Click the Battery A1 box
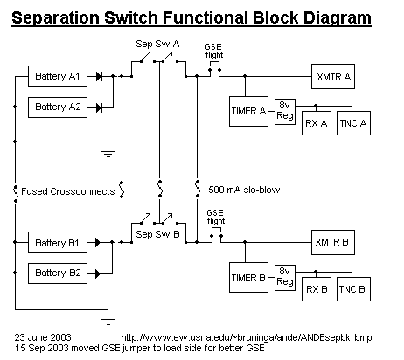(x=58, y=76)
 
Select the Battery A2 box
(x=58, y=107)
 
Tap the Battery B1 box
(x=58, y=242)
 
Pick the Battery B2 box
(x=58, y=273)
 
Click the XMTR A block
(x=333, y=76)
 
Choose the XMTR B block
(x=333, y=242)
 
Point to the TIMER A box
(x=248, y=111)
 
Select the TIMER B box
(x=248, y=277)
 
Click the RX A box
(x=317, y=123)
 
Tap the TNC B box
(x=353, y=289)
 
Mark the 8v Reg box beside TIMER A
(x=285, y=112)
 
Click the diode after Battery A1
(x=99, y=76)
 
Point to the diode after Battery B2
(x=99, y=273)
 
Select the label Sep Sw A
(x=157, y=44)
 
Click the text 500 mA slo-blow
(x=244, y=190)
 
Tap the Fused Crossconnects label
(x=68, y=191)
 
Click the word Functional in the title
(x=205, y=17)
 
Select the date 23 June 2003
(x=43, y=337)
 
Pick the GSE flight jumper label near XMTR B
(x=216, y=217)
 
